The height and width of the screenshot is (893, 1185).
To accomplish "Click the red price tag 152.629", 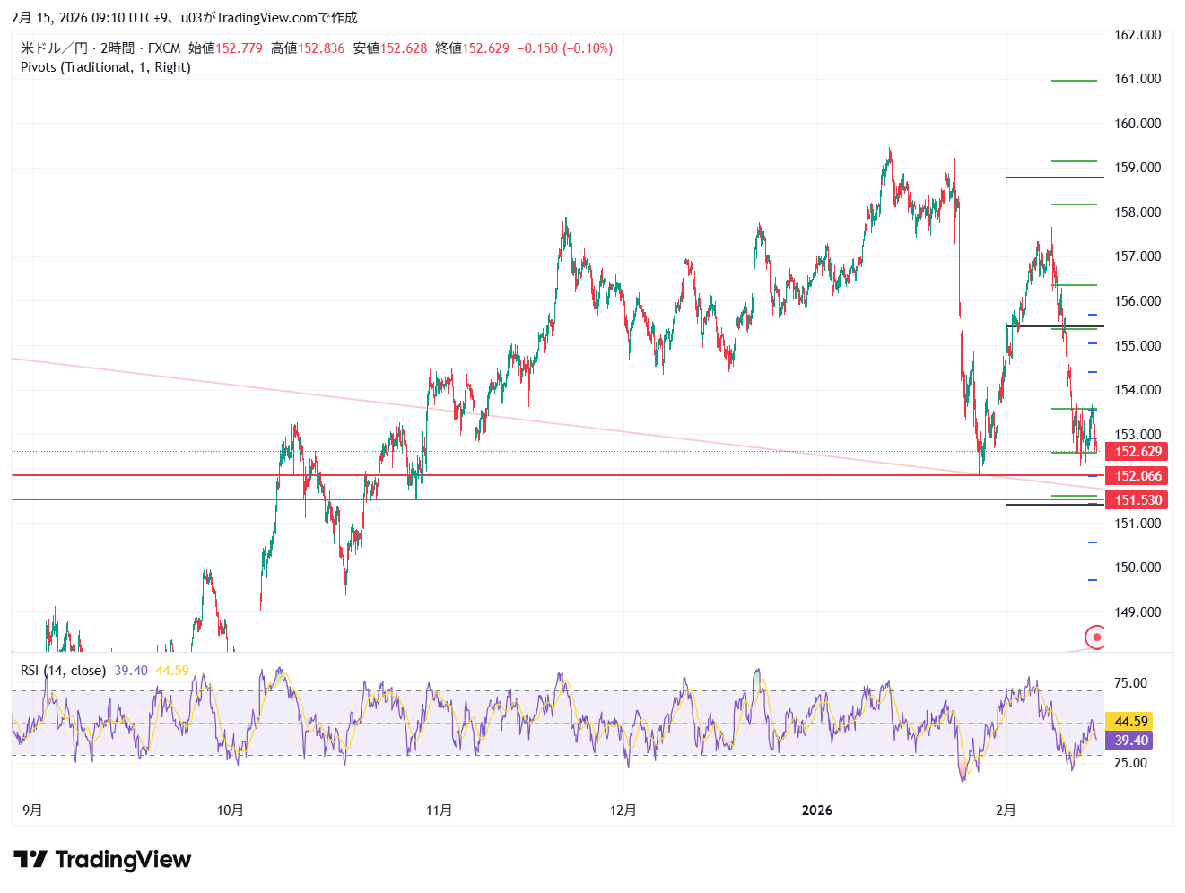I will coord(1137,452).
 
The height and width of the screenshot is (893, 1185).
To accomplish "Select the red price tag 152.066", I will coord(1137,476).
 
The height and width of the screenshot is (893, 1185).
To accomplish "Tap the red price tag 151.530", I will coord(1137,500).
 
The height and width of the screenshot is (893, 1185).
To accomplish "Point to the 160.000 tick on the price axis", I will coord(1137,124).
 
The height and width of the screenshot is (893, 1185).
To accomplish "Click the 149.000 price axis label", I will coord(1137,612).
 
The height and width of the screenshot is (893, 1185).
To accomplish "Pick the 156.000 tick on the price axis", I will coord(1137,301).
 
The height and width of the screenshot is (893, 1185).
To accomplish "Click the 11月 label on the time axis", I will coord(439,811).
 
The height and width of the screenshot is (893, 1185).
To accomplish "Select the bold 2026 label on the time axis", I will coord(816,811).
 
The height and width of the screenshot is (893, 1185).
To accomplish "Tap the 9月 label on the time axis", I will coord(32,811).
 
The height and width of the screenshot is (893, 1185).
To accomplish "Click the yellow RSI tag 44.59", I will coord(1131,722).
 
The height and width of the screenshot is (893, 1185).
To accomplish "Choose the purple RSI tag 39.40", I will coord(1131,741).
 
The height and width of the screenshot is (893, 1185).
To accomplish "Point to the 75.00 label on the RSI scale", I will coord(1130,683).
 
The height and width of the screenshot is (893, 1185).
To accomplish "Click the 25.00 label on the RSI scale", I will coord(1130,763).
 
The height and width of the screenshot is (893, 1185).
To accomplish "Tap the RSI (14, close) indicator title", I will coord(63,671).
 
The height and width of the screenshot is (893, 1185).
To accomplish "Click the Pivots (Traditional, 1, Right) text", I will coord(106,67).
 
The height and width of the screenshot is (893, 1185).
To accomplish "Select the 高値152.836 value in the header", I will coord(308,48).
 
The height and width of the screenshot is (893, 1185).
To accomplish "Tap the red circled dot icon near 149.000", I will coord(1096,637).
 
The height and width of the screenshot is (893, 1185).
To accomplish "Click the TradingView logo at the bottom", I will coord(102,860).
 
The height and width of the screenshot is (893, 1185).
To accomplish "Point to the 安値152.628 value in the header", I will coord(390,48).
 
